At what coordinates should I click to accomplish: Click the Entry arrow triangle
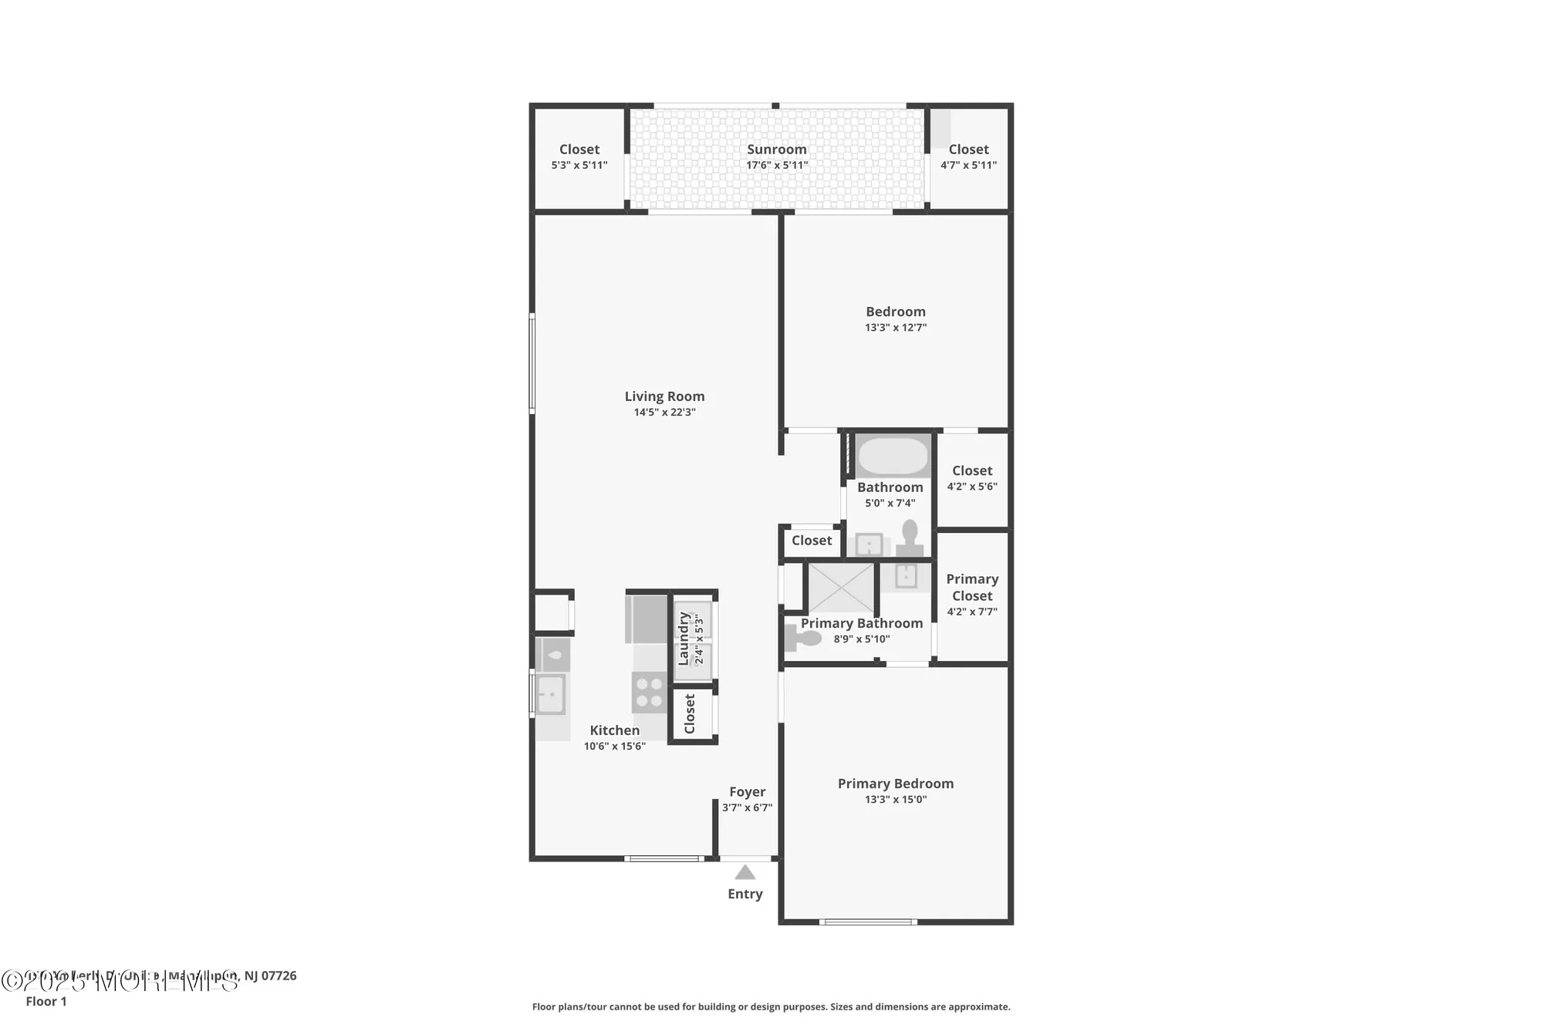click(744, 872)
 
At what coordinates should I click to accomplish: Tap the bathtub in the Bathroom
click(893, 457)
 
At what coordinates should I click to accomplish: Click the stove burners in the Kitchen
click(649, 692)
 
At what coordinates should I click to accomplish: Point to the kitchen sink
click(551, 694)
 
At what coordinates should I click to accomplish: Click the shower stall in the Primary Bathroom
click(840, 588)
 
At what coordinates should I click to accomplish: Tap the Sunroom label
click(776, 150)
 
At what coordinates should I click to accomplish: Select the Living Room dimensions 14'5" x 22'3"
click(664, 413)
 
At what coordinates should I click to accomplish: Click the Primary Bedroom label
click(895, 784)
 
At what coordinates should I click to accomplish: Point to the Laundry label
click(683, 639)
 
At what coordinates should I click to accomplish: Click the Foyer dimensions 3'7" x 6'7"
click(747, 807)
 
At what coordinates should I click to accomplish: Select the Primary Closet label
click(972, 587)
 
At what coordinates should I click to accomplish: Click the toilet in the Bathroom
click(910, 538)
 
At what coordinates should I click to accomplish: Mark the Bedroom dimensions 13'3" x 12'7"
click(895, 328)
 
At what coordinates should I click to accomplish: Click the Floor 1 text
click(46, 1001)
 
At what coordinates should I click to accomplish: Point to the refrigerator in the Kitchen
click(646, 618)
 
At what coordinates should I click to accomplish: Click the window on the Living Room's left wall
click(532, 362)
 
